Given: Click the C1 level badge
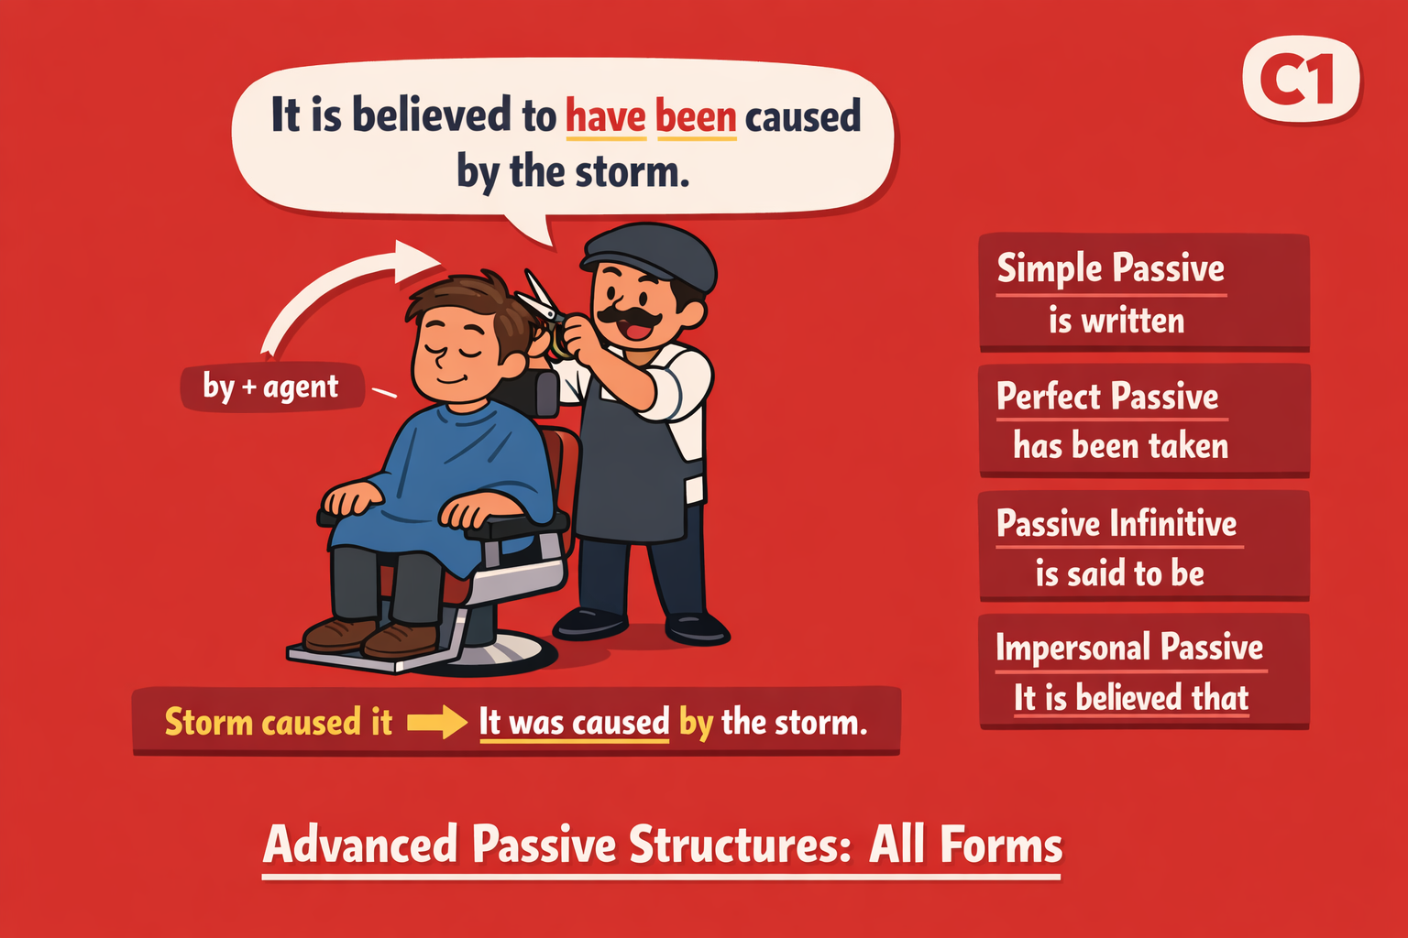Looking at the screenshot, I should pos(1301,80).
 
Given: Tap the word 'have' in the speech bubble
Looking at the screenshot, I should pos(605,117).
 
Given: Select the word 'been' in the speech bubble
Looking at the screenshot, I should pos(696,117).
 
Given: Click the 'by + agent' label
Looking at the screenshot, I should pos(271,387).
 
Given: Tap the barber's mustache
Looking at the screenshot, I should pos(630,317).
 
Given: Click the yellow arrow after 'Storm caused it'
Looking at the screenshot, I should pos(436,722).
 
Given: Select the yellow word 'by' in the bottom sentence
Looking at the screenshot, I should pos(696,723).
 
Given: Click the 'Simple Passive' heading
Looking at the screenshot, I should pos(1110,269).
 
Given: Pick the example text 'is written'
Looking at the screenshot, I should pos(1116,321).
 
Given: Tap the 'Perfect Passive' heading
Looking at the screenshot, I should pos(1107,397).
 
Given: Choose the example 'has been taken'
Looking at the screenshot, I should pos(1120,446).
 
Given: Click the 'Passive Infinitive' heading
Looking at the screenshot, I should pos(1116,524).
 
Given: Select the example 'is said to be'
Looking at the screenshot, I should pos(1119,573).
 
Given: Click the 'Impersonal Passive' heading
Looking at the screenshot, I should pos(1129,648).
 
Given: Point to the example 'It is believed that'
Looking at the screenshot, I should pos(1131,698).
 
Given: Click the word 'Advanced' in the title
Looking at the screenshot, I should pos(360,845).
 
